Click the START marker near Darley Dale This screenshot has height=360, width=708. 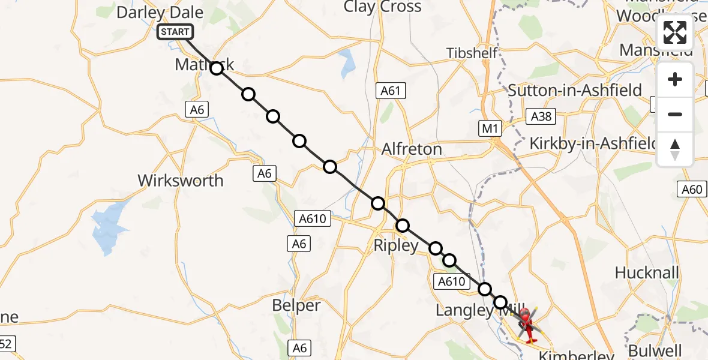pyautogui.click(x=175, y=32)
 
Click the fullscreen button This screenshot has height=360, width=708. pyautogui.click(x=675, y=32)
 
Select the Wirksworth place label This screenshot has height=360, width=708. pyautogui.click(x=180, y=180)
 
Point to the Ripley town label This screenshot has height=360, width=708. pyautogui.click(x=395, y=245)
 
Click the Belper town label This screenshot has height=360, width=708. pyautogui.click(x=296, y=305)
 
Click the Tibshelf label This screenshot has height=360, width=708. pyautogui.click(x=472, y=53)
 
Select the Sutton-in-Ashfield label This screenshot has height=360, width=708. pyautogui.click(x=575, y=91)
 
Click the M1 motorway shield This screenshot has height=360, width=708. pyautogui.click(x=490, y=128)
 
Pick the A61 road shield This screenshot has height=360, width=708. pyautogui.click(x=391, y=91)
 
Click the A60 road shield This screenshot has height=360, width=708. pyautogui.click(x=692, y=190)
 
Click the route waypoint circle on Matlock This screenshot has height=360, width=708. pyautogui.click(x=217, y=68)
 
